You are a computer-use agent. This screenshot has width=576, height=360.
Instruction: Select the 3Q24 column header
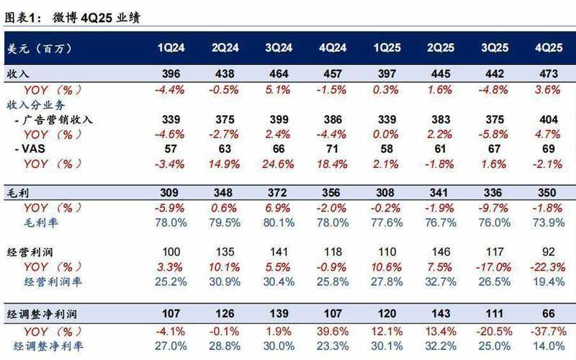click(x=279, y=48)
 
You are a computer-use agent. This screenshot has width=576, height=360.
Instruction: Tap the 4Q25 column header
click(x=548, y=48)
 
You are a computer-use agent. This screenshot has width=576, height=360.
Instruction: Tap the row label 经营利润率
click(x=53, y=282)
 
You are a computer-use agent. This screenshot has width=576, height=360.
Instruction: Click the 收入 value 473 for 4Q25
click(x=548, y=75)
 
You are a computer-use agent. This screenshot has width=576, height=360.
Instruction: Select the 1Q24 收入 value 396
click(x=171, y=75)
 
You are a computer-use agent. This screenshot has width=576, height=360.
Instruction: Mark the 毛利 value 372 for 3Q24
click(x=279, y=193)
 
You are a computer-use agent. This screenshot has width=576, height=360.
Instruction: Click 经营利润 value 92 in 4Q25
click(x=548, y=253)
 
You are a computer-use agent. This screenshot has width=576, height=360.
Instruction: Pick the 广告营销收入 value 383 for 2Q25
click(x=440, y=120)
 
